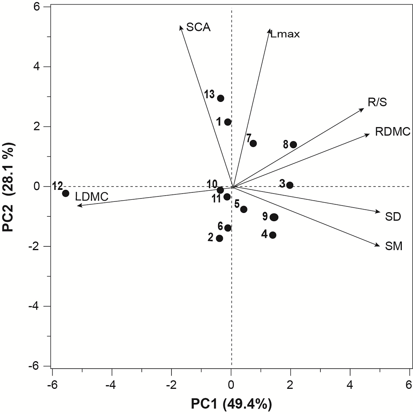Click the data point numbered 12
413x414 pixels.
pyautogui.click(x=65, y=193)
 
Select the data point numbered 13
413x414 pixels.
pyautogui.click(x=221, y=98)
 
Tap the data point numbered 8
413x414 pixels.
pyautogui.click(x=293, y=144)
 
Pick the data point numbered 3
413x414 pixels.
pyautogui.click(x=290, y=185)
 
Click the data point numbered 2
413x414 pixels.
pyautogui.click(x=219, y=238)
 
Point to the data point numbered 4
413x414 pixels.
pyautogui.click(x=273, y=235)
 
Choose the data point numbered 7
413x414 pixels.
pyautogui.click(x=253, y=143)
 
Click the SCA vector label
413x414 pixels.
pyautogui.click(x=198, y=27)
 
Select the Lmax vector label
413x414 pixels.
pyautogui.click(x=285, y=34)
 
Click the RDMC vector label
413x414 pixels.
pyautogui.click(x=392, y=132)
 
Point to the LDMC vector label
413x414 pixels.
pyautogui.click(x=92, y=197)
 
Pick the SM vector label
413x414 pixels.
pyautogui.click(x=393, y=247)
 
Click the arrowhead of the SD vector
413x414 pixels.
pyautogui.click(x=378, y=212)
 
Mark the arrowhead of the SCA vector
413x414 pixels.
pyautogui.click(x=181, y=26)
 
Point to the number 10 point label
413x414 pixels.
pyautogui.click(x=212, y=184)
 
